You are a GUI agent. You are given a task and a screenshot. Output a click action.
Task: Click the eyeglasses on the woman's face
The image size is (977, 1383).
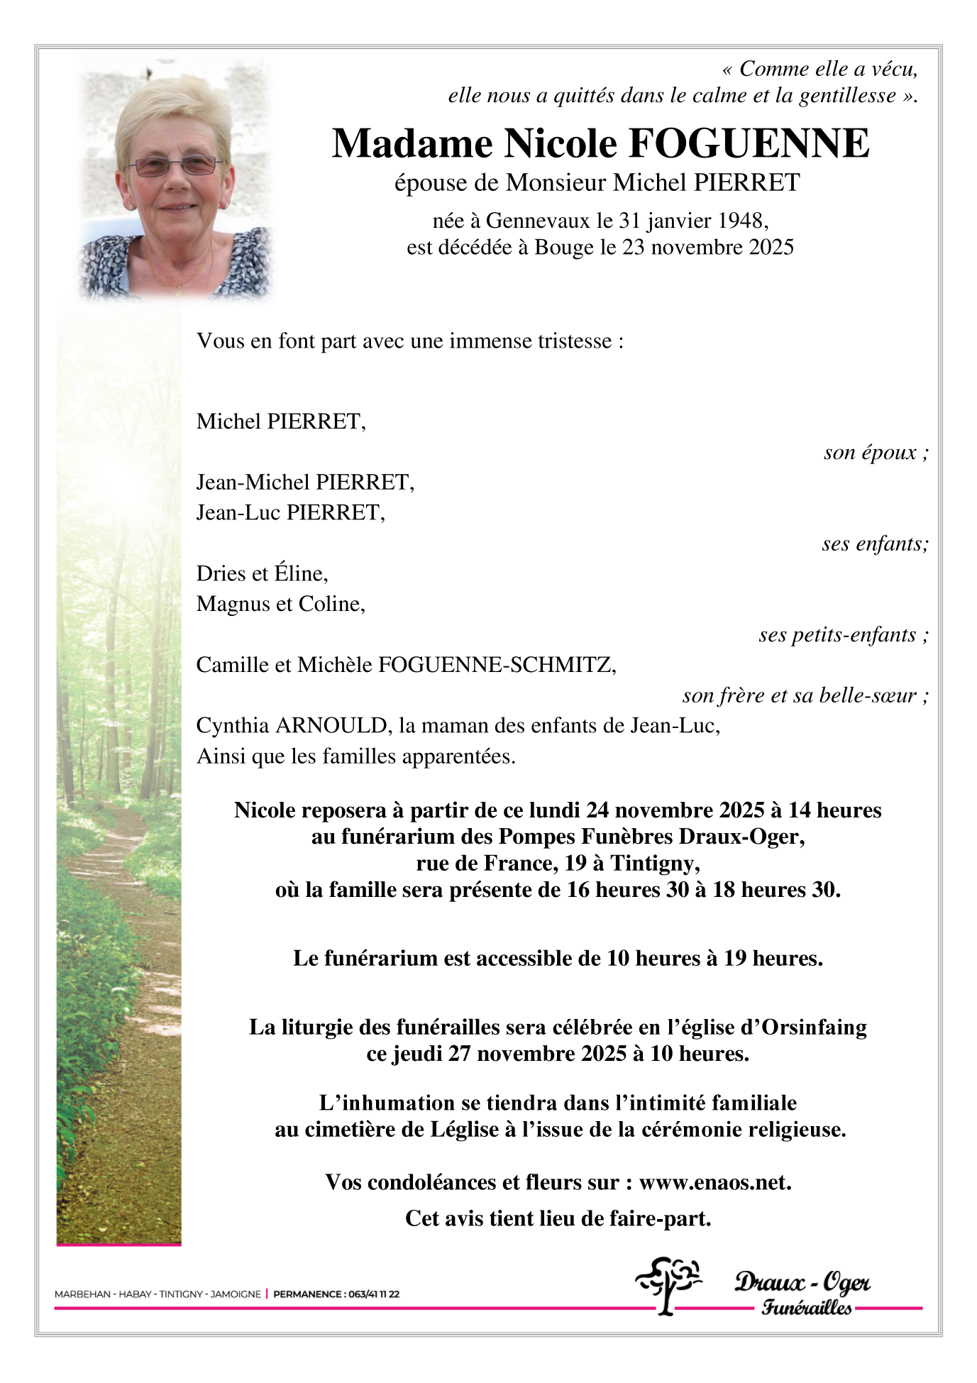click(175, 167)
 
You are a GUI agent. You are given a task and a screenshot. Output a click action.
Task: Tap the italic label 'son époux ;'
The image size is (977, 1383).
click(876, 452)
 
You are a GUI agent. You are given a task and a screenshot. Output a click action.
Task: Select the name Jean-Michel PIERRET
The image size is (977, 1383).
click(304, 483)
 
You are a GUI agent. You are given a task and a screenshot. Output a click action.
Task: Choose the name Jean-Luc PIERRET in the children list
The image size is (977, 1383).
click(290, 512)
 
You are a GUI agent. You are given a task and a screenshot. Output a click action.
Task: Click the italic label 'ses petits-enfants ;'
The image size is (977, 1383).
click(843, 634)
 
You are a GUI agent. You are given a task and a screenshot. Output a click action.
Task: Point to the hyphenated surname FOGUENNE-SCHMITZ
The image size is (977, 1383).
click(497, 665)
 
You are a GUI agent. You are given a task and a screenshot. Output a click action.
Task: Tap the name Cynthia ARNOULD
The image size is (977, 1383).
click(292, 726)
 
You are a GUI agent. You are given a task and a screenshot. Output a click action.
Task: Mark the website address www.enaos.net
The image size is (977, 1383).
click(714, 1182)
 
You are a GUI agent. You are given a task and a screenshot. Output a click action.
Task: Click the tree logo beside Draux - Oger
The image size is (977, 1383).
click(667, 1285)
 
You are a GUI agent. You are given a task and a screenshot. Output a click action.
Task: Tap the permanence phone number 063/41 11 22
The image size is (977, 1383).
click(372, 1294)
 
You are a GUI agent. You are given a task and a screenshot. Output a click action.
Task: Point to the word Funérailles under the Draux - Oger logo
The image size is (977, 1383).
click(807, 1307)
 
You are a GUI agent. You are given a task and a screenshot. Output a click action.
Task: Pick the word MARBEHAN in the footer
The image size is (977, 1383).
click(82, 1294)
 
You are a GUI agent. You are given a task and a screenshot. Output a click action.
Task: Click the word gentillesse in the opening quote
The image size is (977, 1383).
click(847, 95)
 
